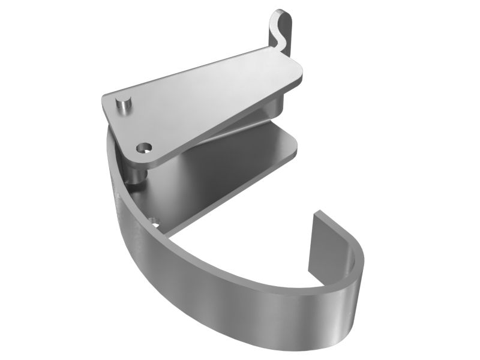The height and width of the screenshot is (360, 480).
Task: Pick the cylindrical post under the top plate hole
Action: point(136,174)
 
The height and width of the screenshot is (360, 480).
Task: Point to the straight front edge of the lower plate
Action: point(228,192)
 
